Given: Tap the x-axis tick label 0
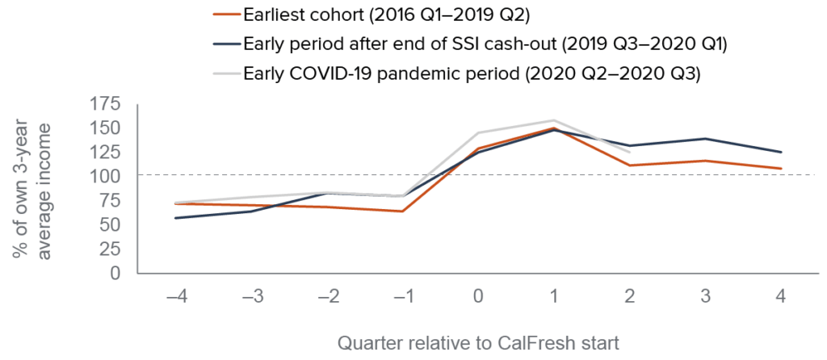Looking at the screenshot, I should [478, 298].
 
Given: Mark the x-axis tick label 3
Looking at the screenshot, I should [706, 298].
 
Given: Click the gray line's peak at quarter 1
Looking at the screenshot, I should [554, 120].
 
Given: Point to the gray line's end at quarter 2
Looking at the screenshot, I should [630, 152].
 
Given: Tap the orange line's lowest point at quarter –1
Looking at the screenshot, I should [402, 211].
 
